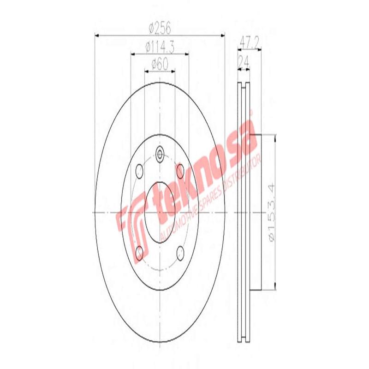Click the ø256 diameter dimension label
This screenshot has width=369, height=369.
click(x=160, y=29)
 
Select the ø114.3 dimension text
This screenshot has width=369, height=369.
click(x=160, y=47)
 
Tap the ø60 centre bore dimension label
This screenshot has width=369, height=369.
click(x=160, y=65)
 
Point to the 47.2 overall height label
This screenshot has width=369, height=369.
click(x=249, y=42)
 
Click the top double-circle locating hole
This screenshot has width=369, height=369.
click(x=160, y=154)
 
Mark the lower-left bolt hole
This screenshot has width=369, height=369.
click(x=138, y=252)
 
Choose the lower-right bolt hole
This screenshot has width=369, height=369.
click(x=180, y=252)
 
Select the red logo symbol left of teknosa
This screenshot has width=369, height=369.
click(x=133, y=228)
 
